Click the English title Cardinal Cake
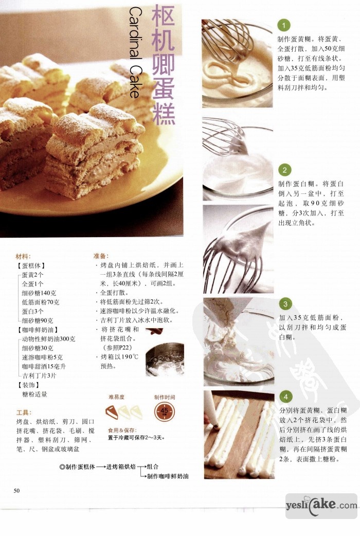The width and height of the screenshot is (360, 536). tap(135, 52)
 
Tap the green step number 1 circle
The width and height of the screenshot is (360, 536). tap(284, 25)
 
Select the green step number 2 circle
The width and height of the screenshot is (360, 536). tap(284, 170)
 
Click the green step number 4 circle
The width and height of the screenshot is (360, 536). tap(286, 397)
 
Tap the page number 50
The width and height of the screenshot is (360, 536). tap(17, 491)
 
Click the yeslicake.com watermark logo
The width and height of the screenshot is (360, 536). tap(321, 506)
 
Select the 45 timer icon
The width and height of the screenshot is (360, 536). tap(165, 411)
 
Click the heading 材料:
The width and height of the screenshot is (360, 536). tap(23, 256)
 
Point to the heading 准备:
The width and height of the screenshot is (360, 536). tap(101, 256)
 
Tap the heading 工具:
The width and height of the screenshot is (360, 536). tap(24, 413)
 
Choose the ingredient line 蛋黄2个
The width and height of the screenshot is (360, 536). tap(33, 275)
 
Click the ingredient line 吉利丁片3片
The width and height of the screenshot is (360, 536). tap(39, 376)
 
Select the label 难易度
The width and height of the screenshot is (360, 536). tap(117, 397)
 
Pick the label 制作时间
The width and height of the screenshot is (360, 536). tap(165, 397)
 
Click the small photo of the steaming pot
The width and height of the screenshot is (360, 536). tap(165, 360)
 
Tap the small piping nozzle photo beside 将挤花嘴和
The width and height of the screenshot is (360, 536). tap(154, 331)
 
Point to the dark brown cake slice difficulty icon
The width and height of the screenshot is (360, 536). tap(112, 412)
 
